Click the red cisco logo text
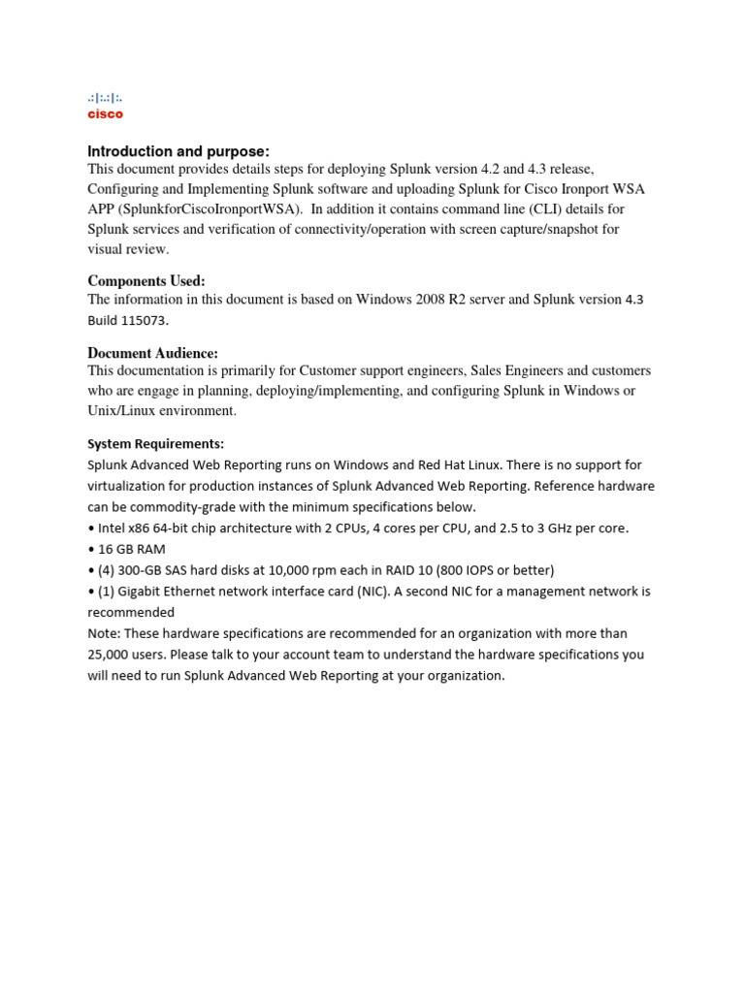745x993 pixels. click(106, 114)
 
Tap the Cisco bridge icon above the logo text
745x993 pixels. click(105, 98)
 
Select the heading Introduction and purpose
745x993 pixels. click(178, 151)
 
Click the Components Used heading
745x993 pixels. click(146, 281)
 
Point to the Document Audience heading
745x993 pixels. click(152, 353)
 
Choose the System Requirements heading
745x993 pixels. click(155, 444)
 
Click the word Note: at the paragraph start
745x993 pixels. click(105, 633)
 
